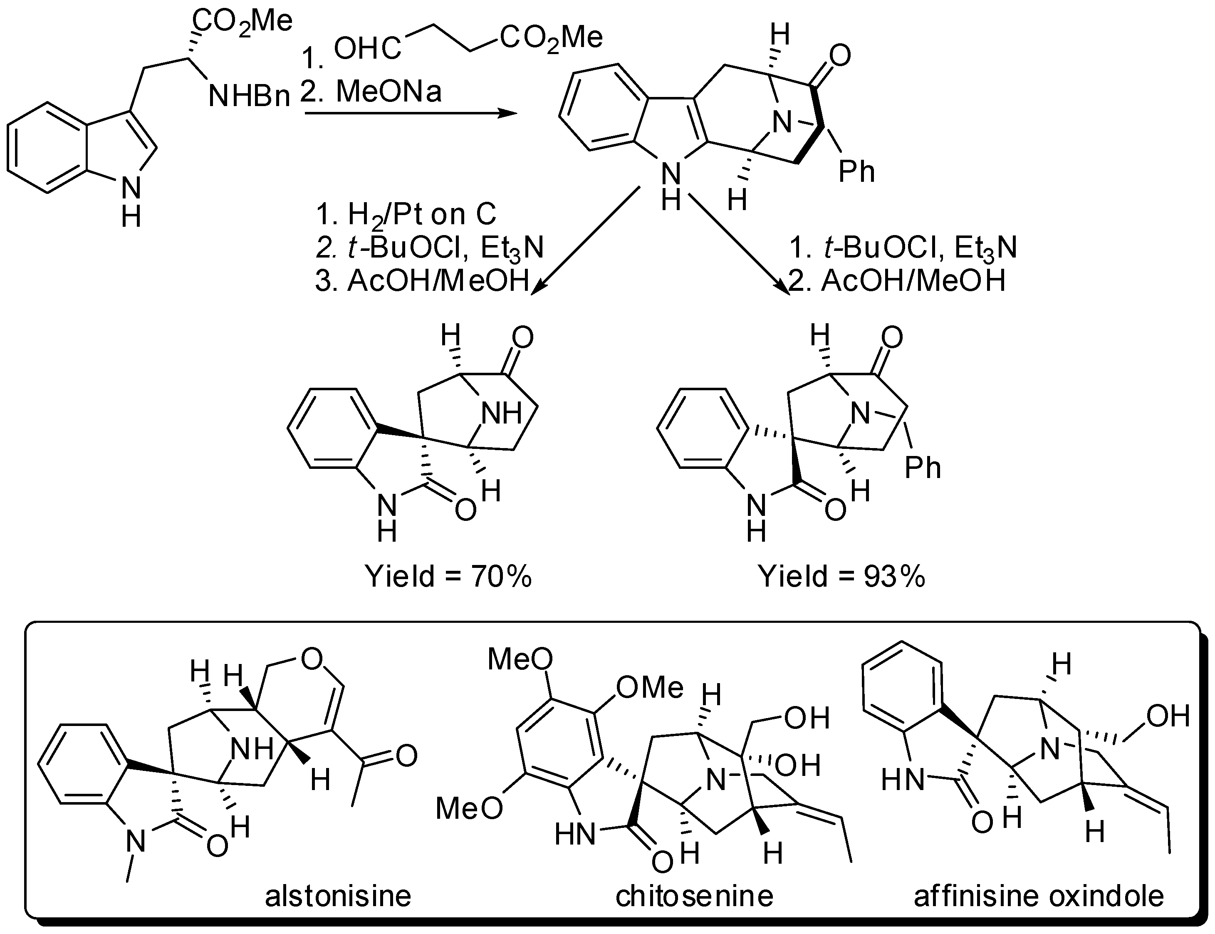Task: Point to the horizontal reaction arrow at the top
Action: (410, 114)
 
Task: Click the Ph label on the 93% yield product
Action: (923, 468)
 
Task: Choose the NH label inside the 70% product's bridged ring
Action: (501, 414)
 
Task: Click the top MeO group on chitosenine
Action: (520, 660)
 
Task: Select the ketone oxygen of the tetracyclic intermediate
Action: (840, 56)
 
